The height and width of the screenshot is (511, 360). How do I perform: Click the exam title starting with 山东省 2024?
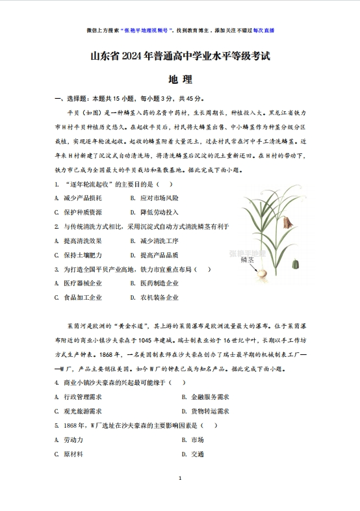[179, 57]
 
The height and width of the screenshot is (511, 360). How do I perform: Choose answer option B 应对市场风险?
[155, 197]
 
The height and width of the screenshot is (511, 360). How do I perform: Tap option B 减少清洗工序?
[155, 241]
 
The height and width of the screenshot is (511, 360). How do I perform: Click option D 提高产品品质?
[155, 255]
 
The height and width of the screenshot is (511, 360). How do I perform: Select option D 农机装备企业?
[155, 298]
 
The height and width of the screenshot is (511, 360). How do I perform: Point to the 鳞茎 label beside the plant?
[246, 259]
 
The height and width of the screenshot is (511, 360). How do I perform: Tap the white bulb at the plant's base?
[263, 275]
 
